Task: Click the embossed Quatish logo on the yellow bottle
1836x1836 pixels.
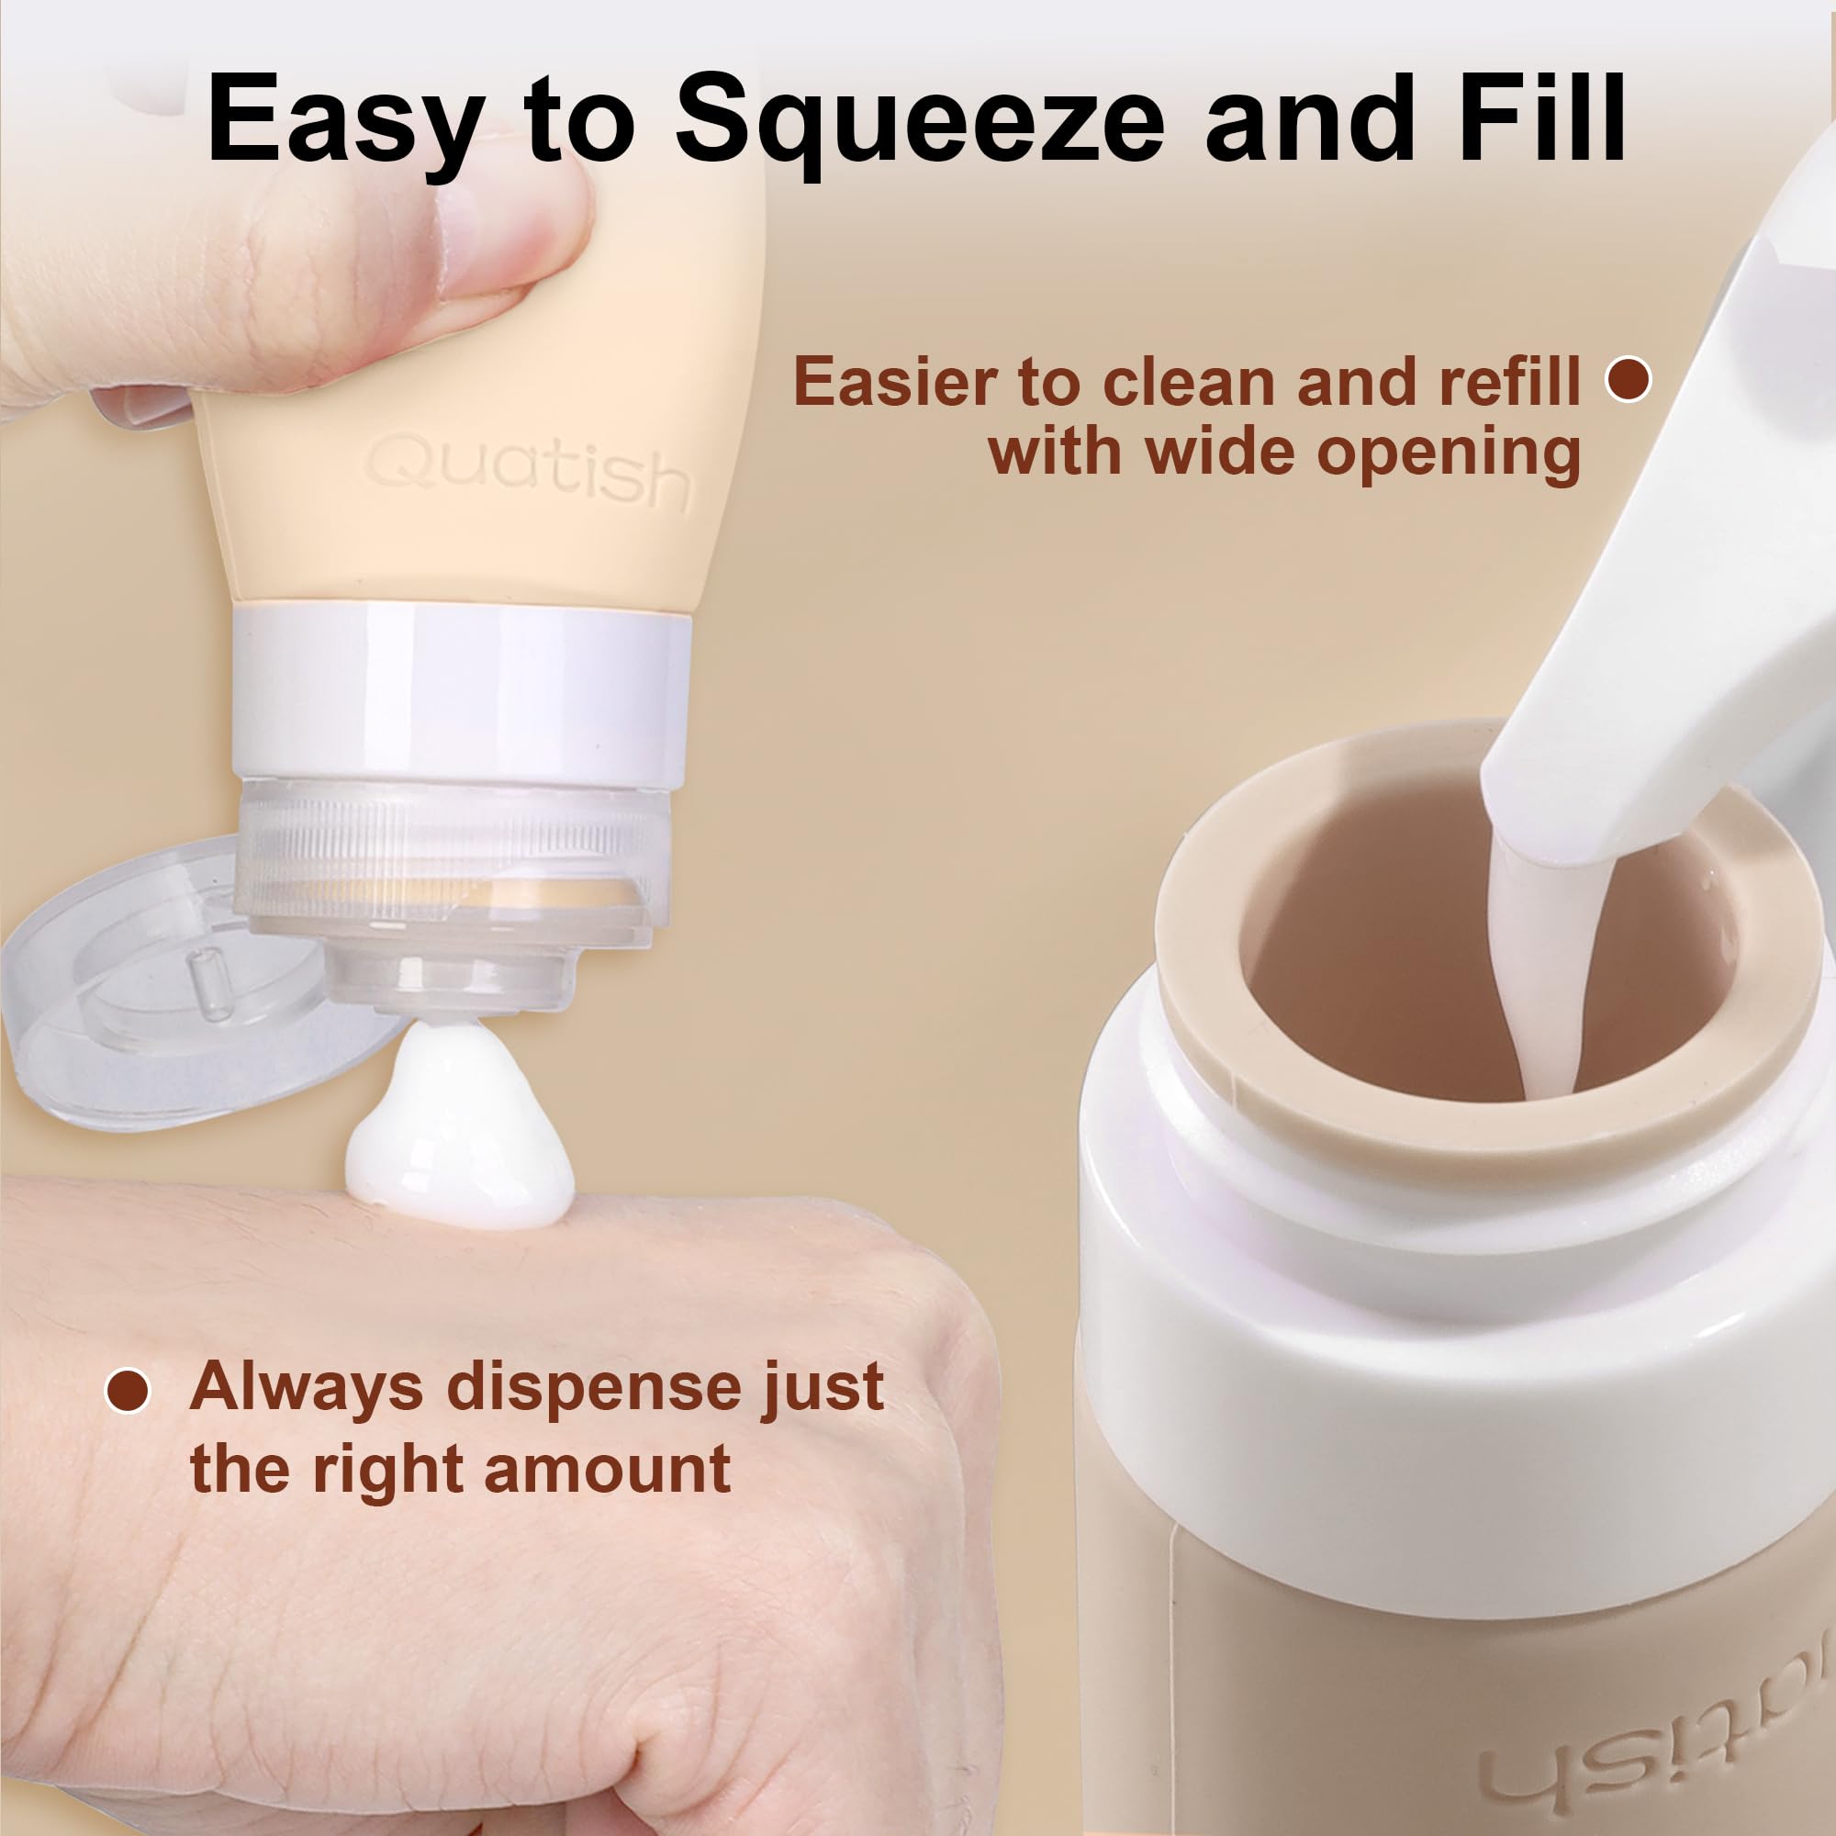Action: (529, 472)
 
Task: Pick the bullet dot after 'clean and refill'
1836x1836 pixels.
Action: (1629, 378)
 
